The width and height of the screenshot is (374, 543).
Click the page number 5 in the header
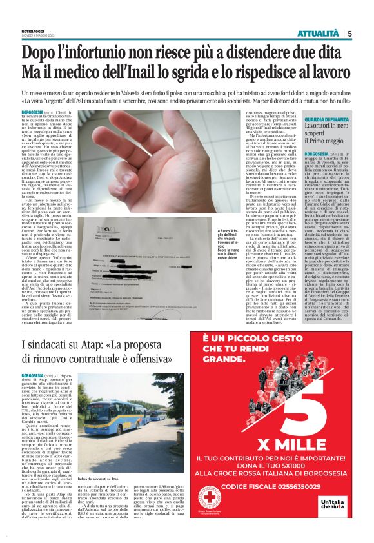click(349, 34)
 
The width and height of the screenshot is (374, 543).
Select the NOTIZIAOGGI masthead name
click(32, 30)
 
